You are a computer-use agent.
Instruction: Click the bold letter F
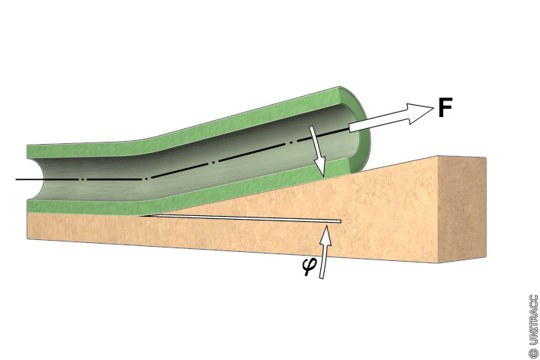point(445,107)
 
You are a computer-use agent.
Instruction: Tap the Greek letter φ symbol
point(307,267)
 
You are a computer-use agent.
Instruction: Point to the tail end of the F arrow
point(350,127)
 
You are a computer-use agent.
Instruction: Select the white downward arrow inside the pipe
point(317,152)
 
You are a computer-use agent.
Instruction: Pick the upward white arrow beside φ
point(324,251)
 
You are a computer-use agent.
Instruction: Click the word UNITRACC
point(533,320)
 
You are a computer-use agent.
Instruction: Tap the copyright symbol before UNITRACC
point(533,353)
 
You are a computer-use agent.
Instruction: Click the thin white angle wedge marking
point(241,219)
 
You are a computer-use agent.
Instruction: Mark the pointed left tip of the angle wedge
point(140,216)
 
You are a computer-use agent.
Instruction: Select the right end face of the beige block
point(462,208)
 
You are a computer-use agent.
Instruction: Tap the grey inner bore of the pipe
point(193,165)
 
